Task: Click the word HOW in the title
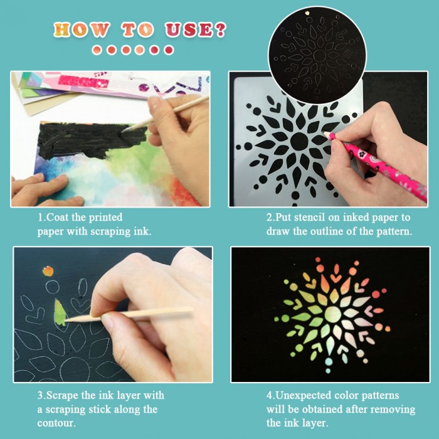81,29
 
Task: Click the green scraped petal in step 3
60,312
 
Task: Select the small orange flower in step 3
48,271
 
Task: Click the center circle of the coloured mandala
332,314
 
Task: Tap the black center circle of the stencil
299,141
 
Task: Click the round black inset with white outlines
317,55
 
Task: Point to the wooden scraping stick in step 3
129,314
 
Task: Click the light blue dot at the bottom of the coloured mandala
329,362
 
